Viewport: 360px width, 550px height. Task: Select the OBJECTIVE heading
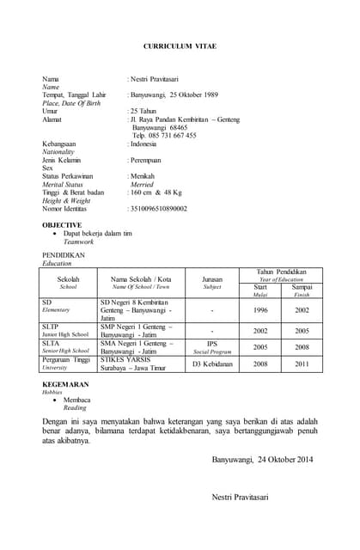point(62,224)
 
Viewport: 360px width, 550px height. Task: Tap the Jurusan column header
point(212,279)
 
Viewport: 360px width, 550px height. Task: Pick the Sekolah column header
point(69,279)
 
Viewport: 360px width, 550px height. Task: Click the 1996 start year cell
point(261,310)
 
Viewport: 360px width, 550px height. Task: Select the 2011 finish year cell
point(302,364)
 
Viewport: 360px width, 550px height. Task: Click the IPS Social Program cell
point(212,346)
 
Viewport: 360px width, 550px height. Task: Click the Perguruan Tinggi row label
point(65,359)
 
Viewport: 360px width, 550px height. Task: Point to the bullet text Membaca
point(77,400)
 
